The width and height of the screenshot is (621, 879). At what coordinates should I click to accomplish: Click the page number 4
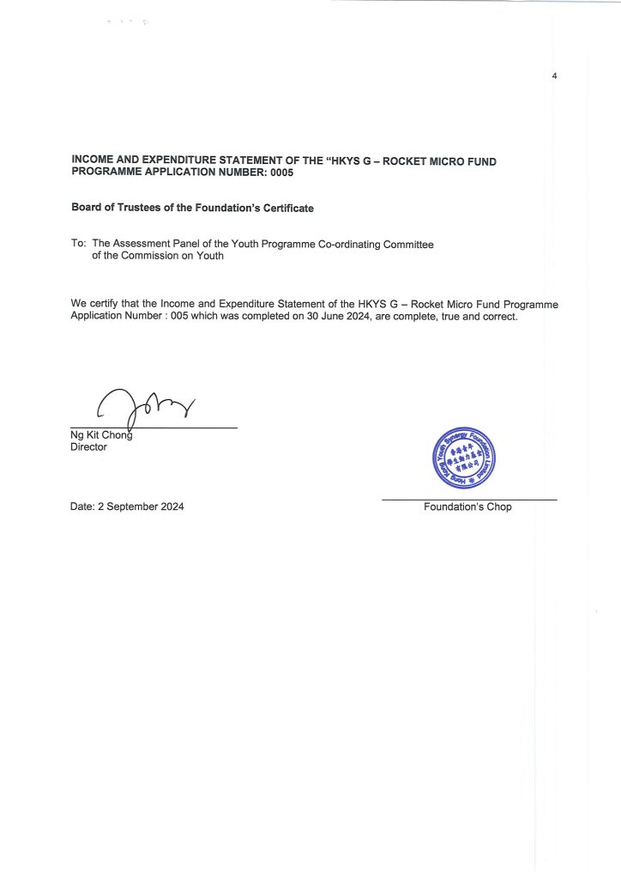pos(555,77)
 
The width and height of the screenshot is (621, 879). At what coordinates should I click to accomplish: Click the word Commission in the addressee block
pos(164,257)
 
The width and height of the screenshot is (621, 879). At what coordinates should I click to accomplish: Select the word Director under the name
pos(89,446)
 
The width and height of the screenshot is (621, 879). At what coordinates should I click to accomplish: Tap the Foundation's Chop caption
pos(467,507)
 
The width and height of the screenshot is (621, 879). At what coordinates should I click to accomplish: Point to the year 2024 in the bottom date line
pos(171,506)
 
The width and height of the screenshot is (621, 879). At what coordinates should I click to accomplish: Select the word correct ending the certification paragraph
pos(500,317)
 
